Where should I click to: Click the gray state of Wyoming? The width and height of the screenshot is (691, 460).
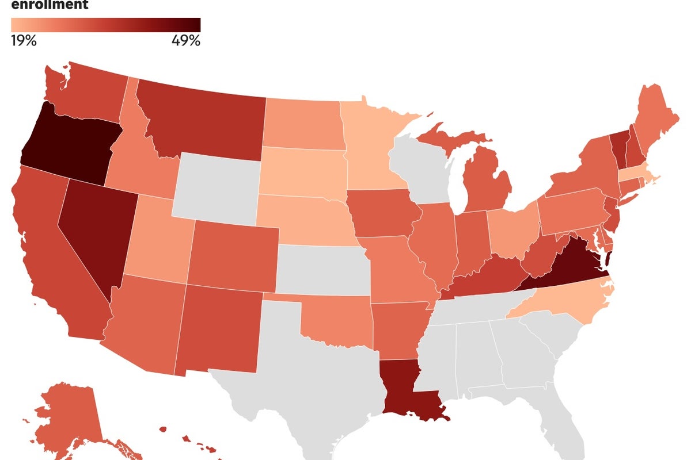216,187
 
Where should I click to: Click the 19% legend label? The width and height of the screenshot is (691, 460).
24,41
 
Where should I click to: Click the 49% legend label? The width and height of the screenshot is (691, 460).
185,41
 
